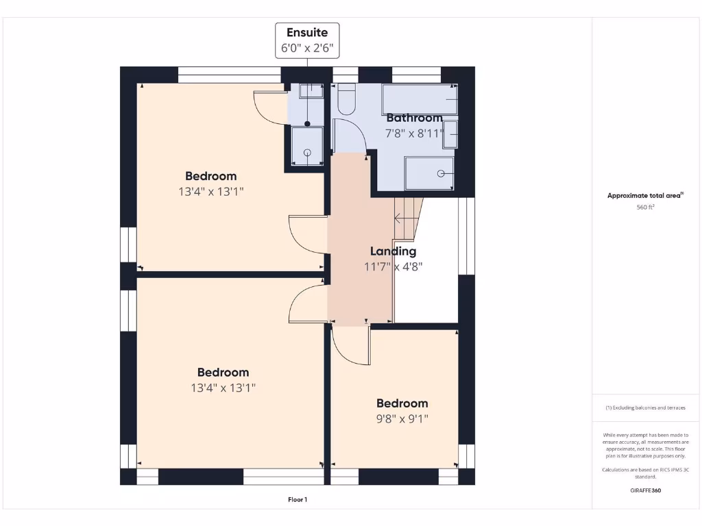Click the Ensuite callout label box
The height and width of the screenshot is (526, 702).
click(x=307, y=40)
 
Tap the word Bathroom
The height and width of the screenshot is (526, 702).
click(x=414, y=118)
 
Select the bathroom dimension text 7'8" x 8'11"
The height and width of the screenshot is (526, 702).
click(x=414, y=133)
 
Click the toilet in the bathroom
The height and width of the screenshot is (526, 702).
click(x=346, y=100)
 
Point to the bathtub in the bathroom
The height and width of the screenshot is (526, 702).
click(x=420, y=100)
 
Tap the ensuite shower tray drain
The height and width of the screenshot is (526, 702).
click(x=307, y=152)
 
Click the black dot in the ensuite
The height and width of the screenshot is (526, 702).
click(x=308, y=124)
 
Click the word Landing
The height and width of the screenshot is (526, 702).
click(x=393, y=251)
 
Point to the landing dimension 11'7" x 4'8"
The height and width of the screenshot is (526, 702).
click(x=393, y=266)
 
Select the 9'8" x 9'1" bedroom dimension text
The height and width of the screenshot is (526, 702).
click(x=402, y=418)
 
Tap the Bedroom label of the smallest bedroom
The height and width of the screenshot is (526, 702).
click(x=402, y=403)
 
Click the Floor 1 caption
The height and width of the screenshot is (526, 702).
click(x=298, y=500)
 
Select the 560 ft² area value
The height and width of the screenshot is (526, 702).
click(x=645, y=207)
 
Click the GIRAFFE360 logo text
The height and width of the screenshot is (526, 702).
click(x=645, y=490)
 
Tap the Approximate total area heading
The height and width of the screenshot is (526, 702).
click(x=645, y=196)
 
